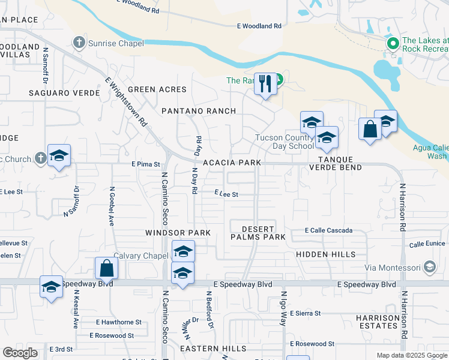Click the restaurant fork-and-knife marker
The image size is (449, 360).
(x=265, y=83)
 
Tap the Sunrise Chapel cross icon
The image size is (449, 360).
(x=79, y=43)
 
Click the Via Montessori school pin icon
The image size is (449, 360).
(x=429, y=266)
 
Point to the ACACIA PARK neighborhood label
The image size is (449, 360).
(x=232, y=163)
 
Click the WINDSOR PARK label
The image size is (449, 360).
(x=178, y=232)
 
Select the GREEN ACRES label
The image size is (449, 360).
(x=157, y=89)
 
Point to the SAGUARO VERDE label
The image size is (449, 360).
(x=58, y=93)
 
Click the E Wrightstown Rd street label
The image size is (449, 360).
(x=126, y=101)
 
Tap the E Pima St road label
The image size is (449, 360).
(x=146, y=164)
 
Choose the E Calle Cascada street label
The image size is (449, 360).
(x=328, y=230)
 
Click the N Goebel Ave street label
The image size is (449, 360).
(x=112, y=205)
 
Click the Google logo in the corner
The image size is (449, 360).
(x=20, y=353)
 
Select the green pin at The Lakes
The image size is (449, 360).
(x=393, y=43)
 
